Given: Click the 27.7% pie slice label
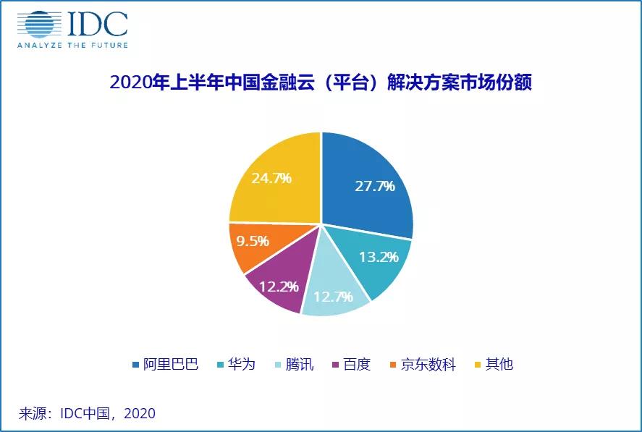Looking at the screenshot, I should (x=374, y=186).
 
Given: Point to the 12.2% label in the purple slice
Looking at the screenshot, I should (x=279, y=287).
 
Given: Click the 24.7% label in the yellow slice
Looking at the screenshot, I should (x=272, y=177).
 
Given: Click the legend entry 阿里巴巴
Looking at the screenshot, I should (x=171, y=364).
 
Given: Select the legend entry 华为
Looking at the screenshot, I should (x=241, y=364).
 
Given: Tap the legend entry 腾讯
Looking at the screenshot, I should (x=299, y=364).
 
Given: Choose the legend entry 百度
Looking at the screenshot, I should (x=356, y=364).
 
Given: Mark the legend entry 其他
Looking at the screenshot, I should (x=499, y=364).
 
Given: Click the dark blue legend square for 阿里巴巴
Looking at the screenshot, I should (x=135, y=365).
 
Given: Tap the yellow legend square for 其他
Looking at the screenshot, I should (x=476, y=365).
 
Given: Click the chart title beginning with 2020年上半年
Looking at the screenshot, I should (x=321, y=82).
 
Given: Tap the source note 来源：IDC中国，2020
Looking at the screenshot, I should (x=87, y=414).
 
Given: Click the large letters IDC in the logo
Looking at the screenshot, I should (x=98, y=24).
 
